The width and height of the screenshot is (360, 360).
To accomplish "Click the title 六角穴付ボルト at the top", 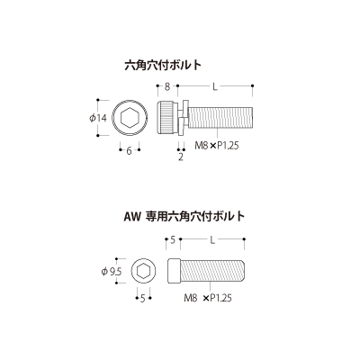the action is [163, 65].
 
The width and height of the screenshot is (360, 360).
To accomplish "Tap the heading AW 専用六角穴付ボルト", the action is [184, 216].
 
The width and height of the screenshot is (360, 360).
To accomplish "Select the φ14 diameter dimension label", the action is [98, 118].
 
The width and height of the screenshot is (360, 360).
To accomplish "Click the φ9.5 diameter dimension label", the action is [112, 272].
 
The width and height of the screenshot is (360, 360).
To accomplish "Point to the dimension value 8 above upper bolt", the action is [167, 86].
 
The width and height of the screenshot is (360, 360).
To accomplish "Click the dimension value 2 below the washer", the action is [181, 157].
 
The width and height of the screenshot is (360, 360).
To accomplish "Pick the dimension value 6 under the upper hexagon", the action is [129, 151].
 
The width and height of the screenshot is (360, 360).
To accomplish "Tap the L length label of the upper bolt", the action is [215, 86].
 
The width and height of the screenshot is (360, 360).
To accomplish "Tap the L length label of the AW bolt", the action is [212, 240].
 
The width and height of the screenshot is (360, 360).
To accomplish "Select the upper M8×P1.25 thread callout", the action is [217, 146].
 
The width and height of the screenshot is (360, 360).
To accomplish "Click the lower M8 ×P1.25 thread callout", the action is [208, 298].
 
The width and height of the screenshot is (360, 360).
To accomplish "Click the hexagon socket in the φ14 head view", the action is [130, 118].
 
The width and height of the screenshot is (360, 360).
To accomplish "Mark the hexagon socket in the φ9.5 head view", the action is [143, 272].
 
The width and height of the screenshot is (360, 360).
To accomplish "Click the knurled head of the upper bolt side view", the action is [166, 118].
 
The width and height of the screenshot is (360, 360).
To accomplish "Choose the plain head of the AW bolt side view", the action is [174, 271].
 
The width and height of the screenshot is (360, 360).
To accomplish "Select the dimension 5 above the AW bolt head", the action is [173, 240].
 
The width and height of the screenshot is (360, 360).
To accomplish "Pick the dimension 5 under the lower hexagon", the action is [143, 299].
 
